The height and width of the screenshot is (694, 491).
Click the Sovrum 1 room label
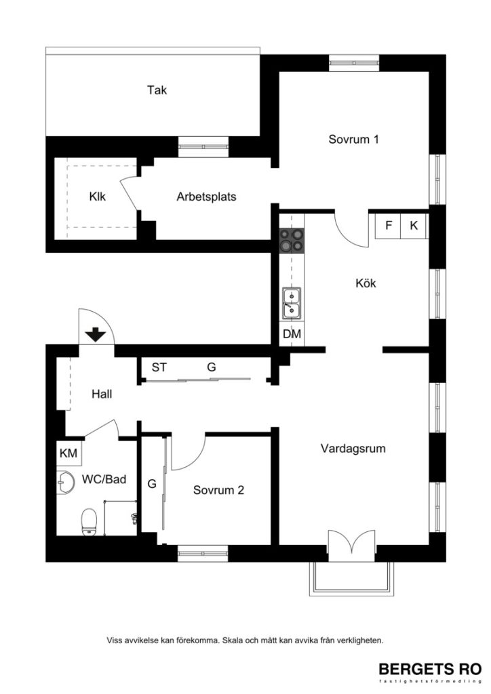coord(353,140)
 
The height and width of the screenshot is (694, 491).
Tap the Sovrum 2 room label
coord(218,491)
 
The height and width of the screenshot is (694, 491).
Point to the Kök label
coord(366,283)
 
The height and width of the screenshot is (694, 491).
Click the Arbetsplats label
coord(206,197)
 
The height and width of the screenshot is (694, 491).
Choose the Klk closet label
coord(97,197)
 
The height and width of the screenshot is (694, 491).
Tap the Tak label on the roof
coord(157,89)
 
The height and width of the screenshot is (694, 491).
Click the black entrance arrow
coord(95,333)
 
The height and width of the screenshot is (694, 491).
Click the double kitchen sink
coord(292,303)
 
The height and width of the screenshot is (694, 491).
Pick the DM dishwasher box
coord(292,334)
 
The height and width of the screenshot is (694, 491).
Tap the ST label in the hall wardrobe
coord(159,367)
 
